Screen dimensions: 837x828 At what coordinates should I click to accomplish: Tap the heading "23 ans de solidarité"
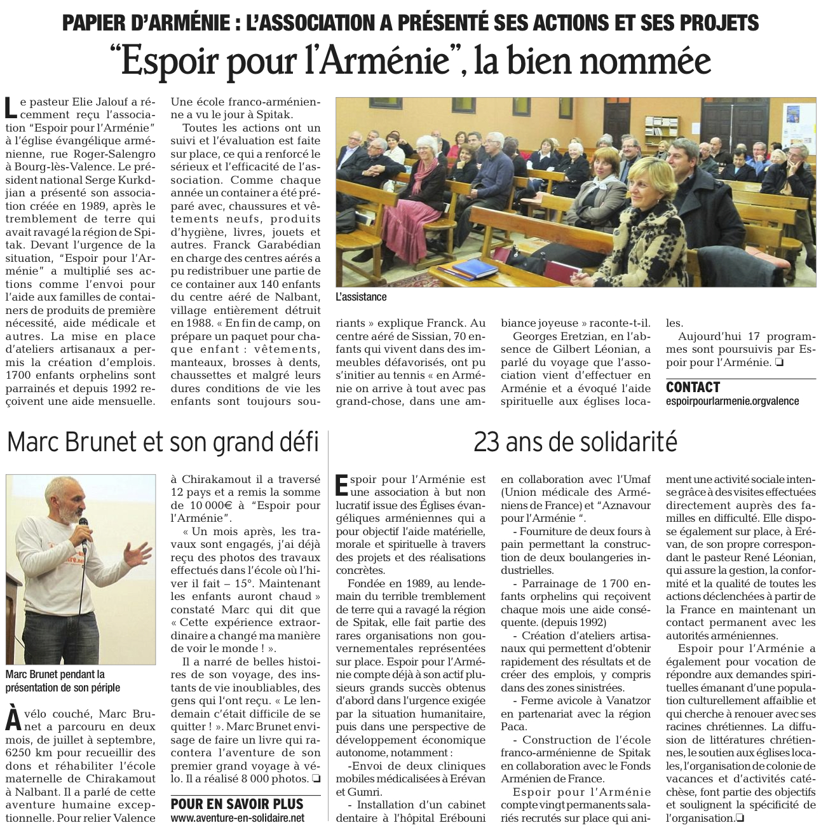point(575,441)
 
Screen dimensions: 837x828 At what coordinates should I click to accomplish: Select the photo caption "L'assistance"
point(361,297)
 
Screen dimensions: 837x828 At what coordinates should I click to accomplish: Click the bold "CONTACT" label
point(693,387)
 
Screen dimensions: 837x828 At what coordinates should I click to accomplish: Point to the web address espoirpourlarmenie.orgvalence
point(732,401)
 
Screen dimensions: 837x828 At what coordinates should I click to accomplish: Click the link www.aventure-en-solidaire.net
point(238,819)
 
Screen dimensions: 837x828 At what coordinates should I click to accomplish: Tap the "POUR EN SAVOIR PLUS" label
point(237,804)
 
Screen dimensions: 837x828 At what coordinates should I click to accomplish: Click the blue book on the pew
point(475,268)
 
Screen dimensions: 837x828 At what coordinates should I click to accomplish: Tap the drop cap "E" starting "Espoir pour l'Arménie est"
point(342,485)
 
